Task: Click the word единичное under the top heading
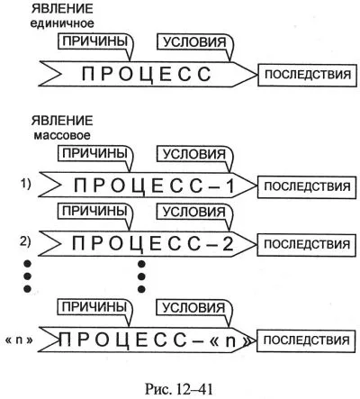[x=62, y=23]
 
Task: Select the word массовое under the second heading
[x=62, y=135]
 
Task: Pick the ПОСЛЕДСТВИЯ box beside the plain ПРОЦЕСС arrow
[x=308, y=75]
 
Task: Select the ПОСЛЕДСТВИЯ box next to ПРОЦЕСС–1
[x=307, y=186]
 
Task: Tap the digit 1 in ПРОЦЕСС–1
[x=229, y=186]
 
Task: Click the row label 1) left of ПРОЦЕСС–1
[x=25, y=185]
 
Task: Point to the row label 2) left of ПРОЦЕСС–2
[x=25, y=242]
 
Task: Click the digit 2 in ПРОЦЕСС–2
[x=228, y=243]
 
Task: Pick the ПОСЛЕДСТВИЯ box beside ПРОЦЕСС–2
[x=307, y=244]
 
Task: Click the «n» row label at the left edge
[x=19, y=340]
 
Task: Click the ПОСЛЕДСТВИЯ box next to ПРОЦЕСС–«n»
[x=306, y=340]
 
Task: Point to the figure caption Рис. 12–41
[x=179, y=389]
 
